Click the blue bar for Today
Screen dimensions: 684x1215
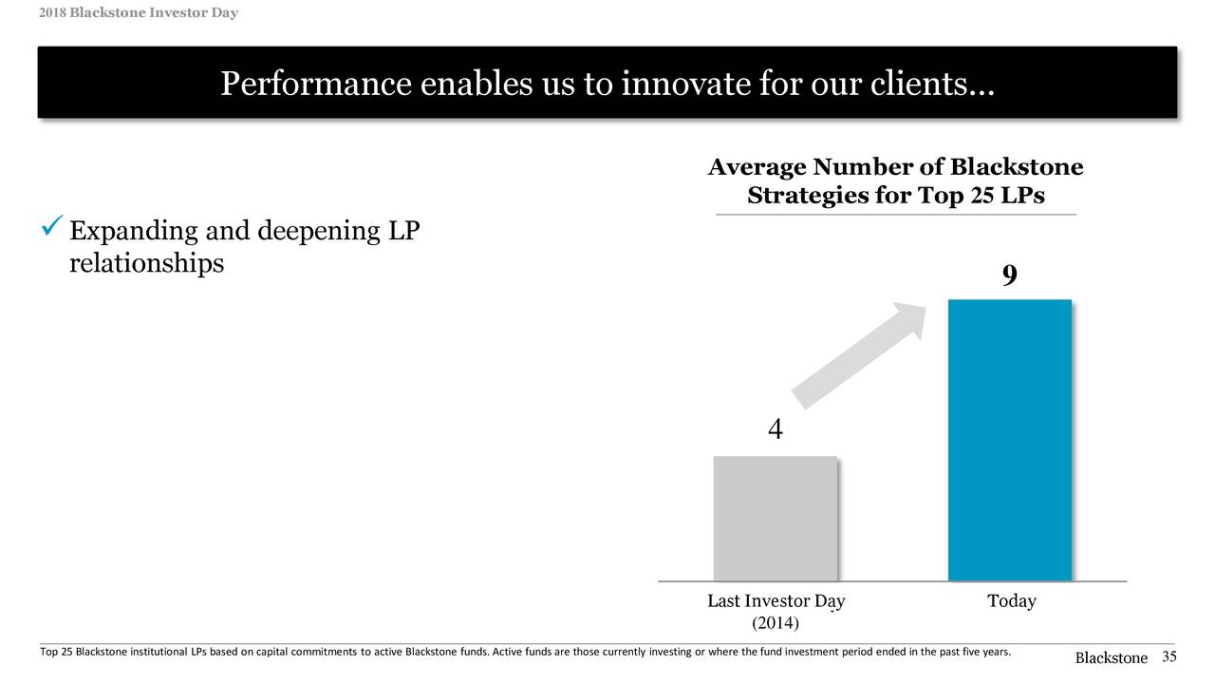click(x=1010, y=440)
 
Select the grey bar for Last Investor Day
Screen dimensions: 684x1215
click(x=775, y=518)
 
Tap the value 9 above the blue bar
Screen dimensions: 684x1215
click(x=1009, y=275)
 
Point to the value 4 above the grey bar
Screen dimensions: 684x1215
click(x=775, y=430)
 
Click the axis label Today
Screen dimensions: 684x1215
click(x=1011, y=601)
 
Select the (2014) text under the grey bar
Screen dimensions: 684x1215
click(x=776, y=623)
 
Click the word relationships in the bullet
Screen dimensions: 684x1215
click(x=146, y=263)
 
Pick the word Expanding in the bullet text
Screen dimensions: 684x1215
click(x=131, y=232)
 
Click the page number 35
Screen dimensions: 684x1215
click(x=1168, y=657)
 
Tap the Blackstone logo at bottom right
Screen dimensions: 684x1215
click(x=1111, y=658)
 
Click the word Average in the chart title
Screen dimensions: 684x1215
click(x=757, y=168)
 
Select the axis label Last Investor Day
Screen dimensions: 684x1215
click(x=776, y=601)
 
